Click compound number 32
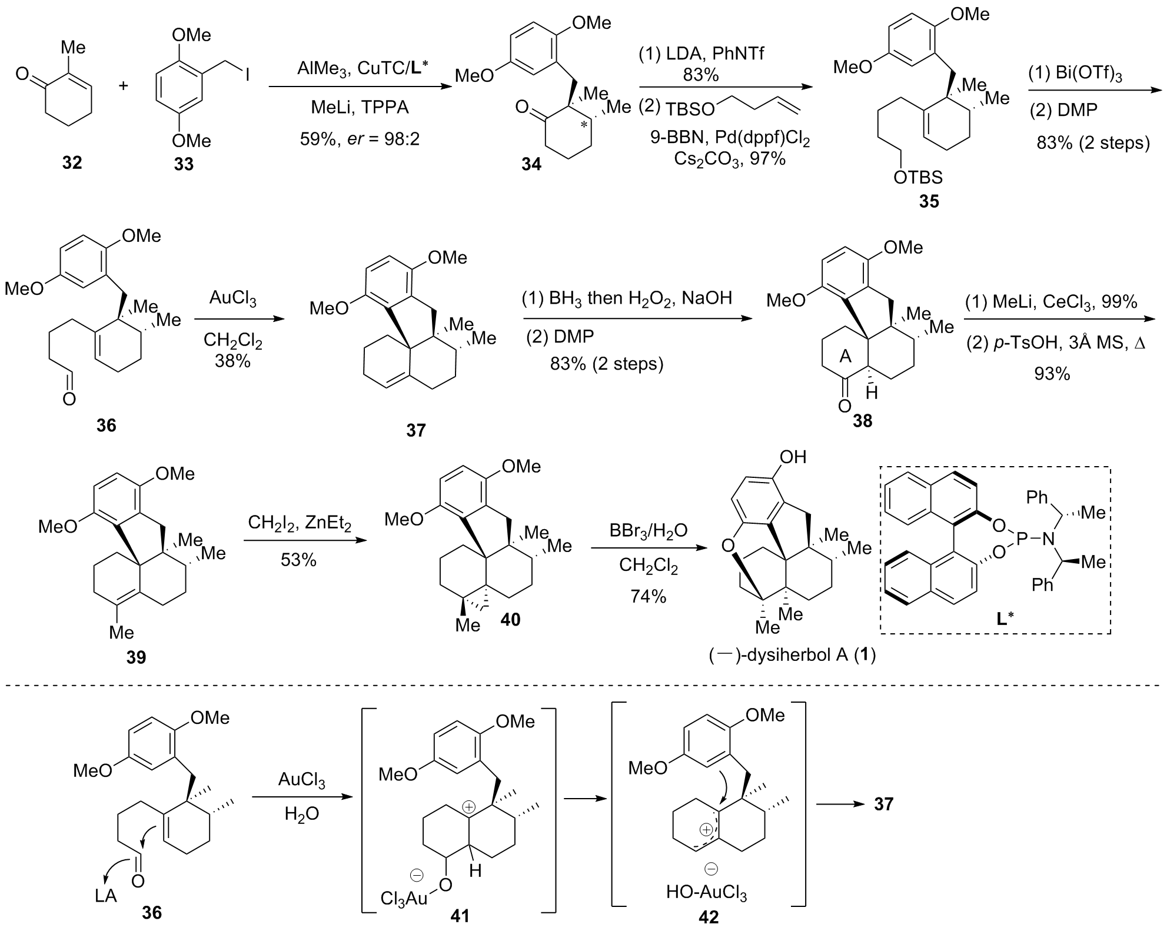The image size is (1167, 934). (72, 162)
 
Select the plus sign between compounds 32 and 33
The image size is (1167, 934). (124, 86)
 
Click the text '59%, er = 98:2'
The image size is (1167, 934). (360, 139)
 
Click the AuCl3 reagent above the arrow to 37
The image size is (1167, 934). (233, 300)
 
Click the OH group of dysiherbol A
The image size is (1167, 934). (792, 457)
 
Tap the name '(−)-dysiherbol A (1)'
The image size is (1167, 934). (792, 655)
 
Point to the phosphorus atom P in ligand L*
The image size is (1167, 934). (1022, 537)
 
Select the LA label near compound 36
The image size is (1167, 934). (107, 896)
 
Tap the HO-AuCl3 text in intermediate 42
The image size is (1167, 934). (706, 893)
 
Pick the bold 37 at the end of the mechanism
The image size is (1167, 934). (883, 803)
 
